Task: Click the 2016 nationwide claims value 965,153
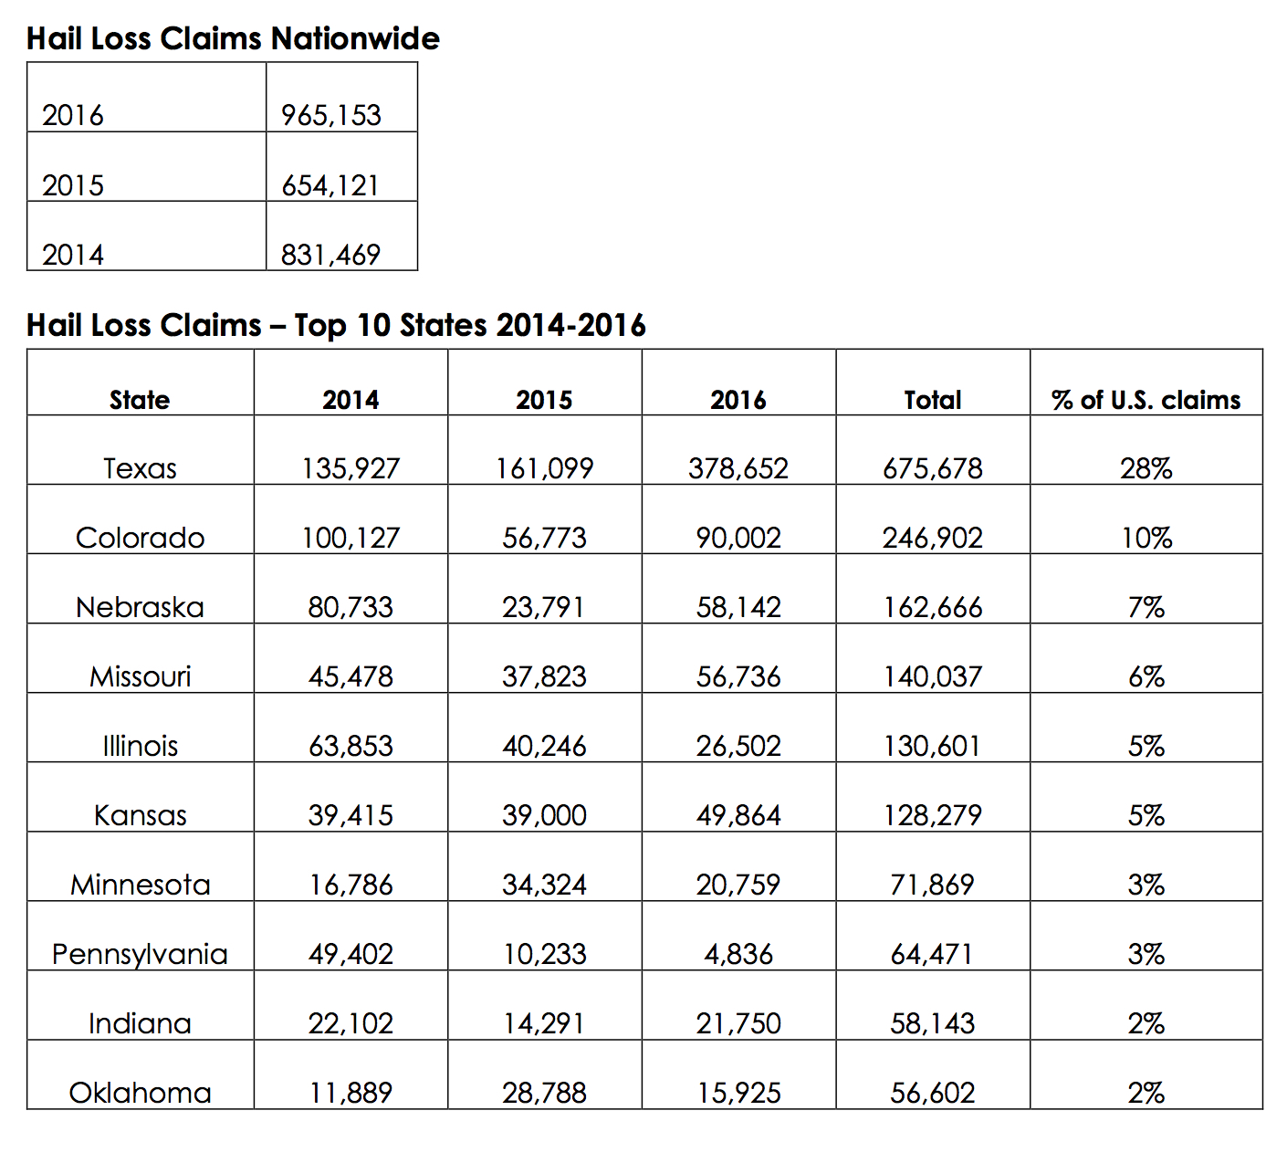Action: tap(330, 116)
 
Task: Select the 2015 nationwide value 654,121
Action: tap(330, 185)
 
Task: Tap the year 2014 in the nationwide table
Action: tap(73, 255)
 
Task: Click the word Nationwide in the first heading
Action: tap(355, 38)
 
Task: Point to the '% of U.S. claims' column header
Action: tap(1146, 400)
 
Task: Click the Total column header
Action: tap(932, 400)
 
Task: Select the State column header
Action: tap(140, 400)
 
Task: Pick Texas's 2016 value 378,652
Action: tap(738, 468)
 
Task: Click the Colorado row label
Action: tap(140, 538)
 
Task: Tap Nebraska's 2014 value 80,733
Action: tap(351, 607)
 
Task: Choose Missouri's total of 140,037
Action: tap(932, 676)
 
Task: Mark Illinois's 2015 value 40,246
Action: tap(544, 746)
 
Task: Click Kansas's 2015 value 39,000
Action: tap(544, 815)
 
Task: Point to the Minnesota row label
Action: tap(140, 885)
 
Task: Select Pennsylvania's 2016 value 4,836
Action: tap(738, 954)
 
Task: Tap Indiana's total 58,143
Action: tap(932, 1023)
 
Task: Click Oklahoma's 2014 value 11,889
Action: tap(351, 1093)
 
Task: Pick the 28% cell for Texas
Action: tap(1146, 468)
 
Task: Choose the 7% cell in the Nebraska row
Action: tap(1146, 607)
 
